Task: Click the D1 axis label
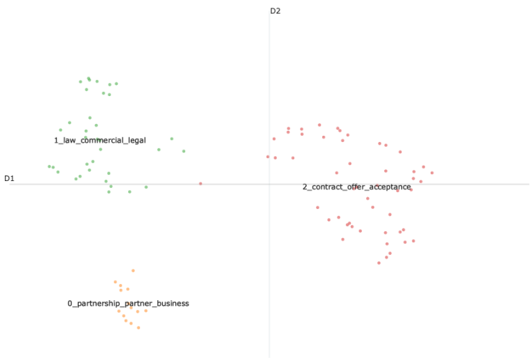click(9, 179)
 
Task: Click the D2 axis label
click(275, 11)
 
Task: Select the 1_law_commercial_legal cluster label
click(100, 141)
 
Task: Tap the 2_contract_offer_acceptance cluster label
click(356, 187)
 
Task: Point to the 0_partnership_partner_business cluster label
click(128, 304)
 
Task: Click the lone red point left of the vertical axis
click(200, 184)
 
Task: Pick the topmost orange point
click(133, 271)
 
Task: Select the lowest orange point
click(138, 327)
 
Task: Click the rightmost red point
click(431, 173)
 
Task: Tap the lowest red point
click(379, 263)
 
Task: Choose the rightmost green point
click(184, 151)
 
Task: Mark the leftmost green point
click(49, 166)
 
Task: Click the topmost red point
click(319, 125)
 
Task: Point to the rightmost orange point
click(145, 311)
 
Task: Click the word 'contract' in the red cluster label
click(324, 187)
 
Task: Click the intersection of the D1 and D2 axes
click(269, 184)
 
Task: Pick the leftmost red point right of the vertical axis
click(268, 157)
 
